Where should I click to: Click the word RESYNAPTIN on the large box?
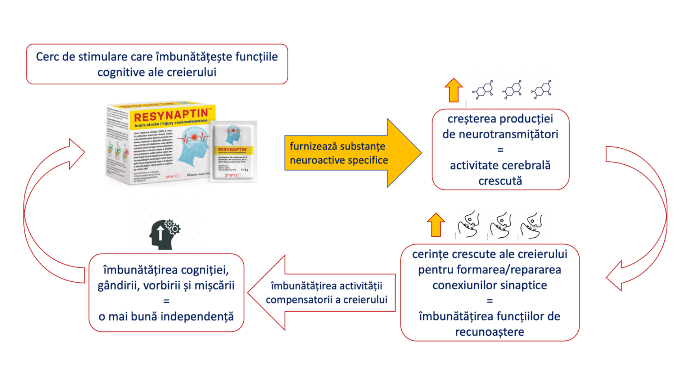pos(171,116)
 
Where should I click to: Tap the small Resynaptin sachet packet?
pos(234,151)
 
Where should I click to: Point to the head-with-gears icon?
pos(164,234)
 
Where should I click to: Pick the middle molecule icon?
pos(512,90)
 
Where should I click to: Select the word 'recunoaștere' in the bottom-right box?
pos(489,332)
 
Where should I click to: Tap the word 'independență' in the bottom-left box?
pos(197,316)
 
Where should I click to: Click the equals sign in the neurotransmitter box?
pos(500,150)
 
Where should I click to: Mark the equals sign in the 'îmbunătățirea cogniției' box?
pos(166,301)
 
